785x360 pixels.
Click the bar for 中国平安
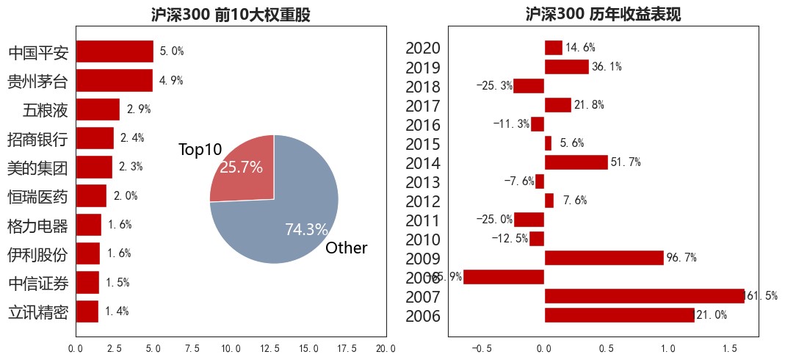[115, 51]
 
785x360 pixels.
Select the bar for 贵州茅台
[114, 80]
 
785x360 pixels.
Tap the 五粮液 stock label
[46, 110]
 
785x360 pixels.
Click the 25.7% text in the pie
[241, 168]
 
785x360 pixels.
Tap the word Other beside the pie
[346, 248]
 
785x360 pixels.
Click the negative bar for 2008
[504, 277]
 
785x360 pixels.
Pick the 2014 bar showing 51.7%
[576, 162]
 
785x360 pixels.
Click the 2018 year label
[422, 87]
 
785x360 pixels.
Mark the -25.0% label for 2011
[493, 220]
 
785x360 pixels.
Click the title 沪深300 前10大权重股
[231, 15]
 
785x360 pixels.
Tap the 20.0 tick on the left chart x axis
[386, 348]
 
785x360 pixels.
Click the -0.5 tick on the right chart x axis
[481, 348]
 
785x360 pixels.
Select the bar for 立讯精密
[87, 312]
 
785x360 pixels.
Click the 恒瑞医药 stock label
[37, 196]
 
